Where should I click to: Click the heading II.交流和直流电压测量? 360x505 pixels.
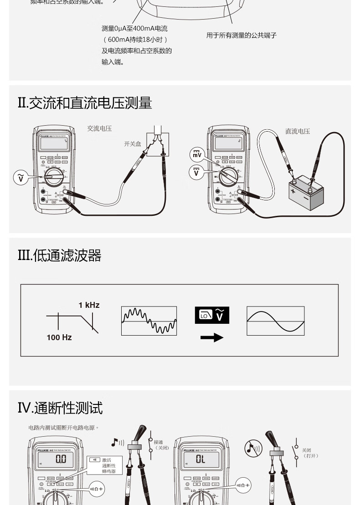[85, 103]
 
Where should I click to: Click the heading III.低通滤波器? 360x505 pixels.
[59, 256]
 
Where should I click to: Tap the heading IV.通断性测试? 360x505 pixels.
[60, 408]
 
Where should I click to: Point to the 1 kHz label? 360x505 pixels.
[89, 305]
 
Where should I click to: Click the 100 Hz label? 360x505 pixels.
[59, 337]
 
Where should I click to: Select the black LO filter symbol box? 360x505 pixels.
[212, 315]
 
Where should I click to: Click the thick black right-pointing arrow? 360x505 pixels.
[212, 337]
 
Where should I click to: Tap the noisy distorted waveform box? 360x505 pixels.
[149, 321]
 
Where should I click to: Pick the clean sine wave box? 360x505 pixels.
[275, 321]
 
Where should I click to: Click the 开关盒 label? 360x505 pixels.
[133, 144]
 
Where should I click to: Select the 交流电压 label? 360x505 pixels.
[99, 129]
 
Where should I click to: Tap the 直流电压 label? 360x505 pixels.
[298, 131]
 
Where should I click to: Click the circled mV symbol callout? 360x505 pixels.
[196, 155]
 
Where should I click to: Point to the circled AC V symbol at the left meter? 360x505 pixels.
[20, 178]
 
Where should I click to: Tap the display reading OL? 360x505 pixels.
[201, 459]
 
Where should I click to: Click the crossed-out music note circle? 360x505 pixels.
[253, 448]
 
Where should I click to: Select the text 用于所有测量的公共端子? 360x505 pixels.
[242, 36]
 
